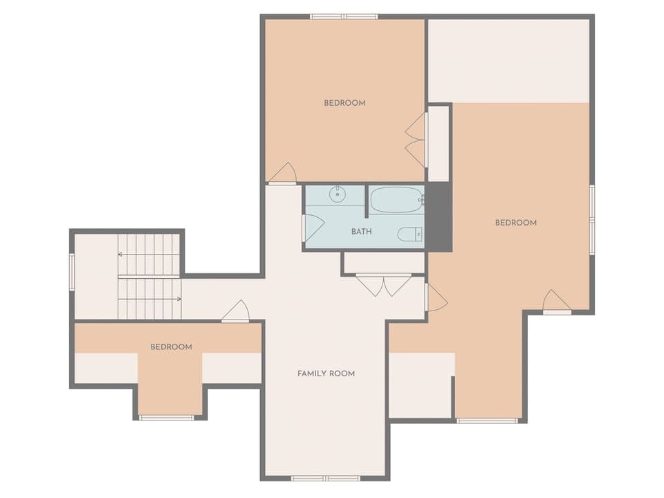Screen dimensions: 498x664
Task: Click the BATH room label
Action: click(x=361, y=232)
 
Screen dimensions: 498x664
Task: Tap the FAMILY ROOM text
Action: click(x=326, y=373)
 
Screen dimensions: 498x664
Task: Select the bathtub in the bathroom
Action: click(x=396, y=201)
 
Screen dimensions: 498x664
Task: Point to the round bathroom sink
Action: click(x=337, y=194)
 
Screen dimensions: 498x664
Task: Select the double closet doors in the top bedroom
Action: click(x=416, y=140)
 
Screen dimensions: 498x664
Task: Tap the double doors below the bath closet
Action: click(x=384, y=285)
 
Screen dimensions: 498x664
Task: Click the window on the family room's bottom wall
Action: click(x=325, y=478)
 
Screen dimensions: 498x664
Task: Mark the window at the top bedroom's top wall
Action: click(x=343, y=16)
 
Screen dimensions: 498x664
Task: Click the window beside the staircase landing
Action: click(x=71, y=270)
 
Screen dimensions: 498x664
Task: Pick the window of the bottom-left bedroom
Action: click(x=167, y=418)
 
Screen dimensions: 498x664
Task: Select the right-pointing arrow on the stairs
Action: click(x=178, y=299)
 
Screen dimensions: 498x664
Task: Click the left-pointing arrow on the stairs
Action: click(x=121, y=255)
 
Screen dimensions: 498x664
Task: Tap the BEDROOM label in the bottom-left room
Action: click(x=171, y=347)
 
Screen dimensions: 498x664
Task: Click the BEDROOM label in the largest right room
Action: click(x=515, y=223)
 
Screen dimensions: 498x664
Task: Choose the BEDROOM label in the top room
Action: click(x=344, y=103)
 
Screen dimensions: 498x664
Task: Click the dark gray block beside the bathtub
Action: click(x=438, y=217)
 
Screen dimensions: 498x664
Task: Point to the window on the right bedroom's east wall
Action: click(x=592, y=219)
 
